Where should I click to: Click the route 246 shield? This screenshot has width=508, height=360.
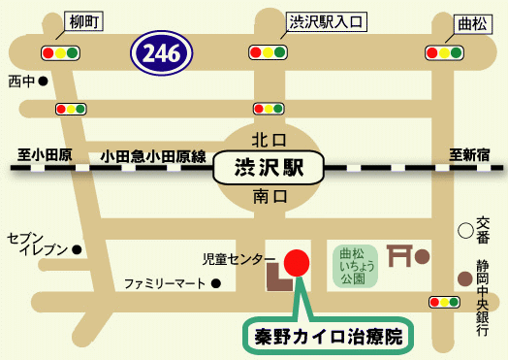click(162, 53)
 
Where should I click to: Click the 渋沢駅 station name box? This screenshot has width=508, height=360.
click(269, 166)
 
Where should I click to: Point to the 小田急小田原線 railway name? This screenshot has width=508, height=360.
click(152, 154)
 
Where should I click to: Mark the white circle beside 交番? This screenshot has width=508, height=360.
click(465, 231)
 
